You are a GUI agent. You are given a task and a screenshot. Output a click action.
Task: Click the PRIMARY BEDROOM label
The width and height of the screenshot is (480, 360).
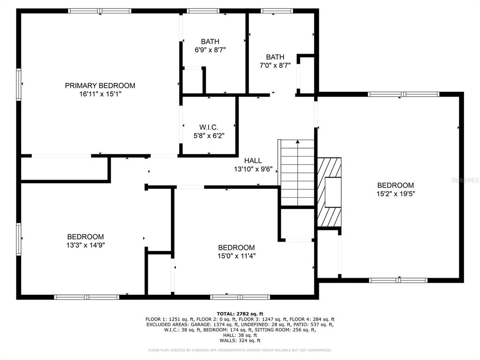coord(100,86)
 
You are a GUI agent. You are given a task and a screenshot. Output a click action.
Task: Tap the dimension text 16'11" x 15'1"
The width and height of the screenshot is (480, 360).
coord(100,94)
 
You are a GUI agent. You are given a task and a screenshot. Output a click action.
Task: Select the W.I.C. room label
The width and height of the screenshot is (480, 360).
coord(209,127)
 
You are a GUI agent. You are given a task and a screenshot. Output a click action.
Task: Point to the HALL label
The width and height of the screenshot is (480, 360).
coord(253,161)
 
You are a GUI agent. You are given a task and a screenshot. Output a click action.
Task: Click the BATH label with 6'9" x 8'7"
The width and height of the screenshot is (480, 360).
coord(210,42)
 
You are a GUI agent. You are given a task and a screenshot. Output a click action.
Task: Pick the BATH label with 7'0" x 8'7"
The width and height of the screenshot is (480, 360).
coord(275,57)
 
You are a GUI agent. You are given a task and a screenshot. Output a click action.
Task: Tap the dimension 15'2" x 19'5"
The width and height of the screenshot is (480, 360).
coord(396,194)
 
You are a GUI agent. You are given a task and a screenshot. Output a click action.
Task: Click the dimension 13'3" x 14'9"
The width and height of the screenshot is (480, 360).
coord(86,245)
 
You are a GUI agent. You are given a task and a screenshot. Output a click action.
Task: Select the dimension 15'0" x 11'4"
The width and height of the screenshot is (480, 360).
coord(237,256)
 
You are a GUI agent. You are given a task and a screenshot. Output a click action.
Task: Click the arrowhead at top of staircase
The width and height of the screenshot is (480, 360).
coord(298,142)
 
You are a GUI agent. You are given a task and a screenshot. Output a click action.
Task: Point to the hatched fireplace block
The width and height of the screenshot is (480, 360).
coord(329,192)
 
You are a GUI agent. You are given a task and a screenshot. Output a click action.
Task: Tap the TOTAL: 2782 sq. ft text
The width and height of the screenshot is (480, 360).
coord(240,314)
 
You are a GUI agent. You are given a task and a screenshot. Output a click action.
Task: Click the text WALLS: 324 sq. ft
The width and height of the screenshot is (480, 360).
coord(240,340)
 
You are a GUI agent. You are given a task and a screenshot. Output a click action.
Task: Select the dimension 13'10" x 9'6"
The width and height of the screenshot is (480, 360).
coord(253,169)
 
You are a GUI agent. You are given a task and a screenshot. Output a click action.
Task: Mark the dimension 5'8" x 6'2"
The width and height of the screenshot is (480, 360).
coord(209,135)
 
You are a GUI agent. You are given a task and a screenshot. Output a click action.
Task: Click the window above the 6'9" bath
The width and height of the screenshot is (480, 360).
coord(203,11)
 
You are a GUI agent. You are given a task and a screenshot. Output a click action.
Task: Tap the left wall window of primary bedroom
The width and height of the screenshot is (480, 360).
coord(19,84)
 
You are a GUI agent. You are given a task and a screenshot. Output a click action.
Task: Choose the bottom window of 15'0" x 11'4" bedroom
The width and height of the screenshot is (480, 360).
coord(240,297)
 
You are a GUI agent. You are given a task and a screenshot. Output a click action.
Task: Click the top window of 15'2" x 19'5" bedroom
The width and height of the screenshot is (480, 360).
coord(404,94)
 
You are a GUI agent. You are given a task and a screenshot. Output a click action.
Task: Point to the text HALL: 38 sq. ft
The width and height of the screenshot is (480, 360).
coord(240,335)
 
